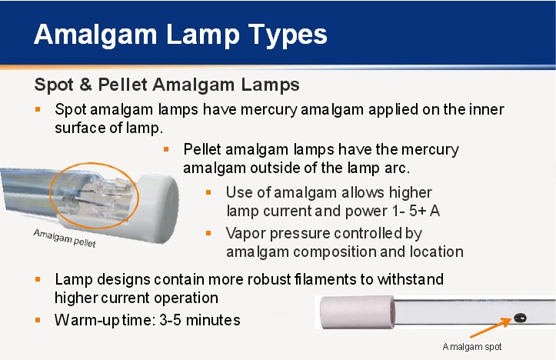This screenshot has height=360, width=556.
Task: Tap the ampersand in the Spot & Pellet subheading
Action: tap(85, 85)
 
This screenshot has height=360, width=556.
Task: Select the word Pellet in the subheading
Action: tap(122, 85)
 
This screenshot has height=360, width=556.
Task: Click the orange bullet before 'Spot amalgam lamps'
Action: tap(38, 109)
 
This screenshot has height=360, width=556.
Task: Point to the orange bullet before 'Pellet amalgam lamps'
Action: tap(166, 149)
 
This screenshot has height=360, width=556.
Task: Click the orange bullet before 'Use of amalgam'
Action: tap(208, 192)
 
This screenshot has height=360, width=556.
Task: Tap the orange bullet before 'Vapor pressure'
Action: tap(208, 233)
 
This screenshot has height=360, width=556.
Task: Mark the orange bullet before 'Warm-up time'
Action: tap(38, 320)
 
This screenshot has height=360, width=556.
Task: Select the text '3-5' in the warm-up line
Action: tap(171, 320)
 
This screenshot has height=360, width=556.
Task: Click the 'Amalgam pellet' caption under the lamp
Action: tap(65, 238)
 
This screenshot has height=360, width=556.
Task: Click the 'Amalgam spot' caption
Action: tap(472, 346)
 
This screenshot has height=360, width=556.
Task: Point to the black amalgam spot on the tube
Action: tap(520, 318)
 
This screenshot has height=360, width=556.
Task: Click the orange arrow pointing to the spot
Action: tap(491, 328)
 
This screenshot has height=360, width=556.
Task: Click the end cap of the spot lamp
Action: tap(357, 312)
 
